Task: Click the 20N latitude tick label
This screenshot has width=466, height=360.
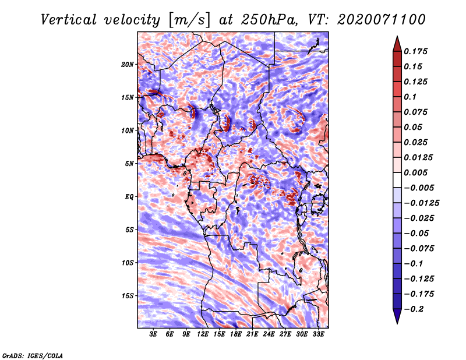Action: pyautogui.click(x=128, y=64)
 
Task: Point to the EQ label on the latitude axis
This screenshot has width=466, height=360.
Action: pyautogui.click(x=129, y=196)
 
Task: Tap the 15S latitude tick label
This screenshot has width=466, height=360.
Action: pyautogui.click(x=128, y=296)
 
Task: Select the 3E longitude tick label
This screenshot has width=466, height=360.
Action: pyautogui.click(x=153, y=334)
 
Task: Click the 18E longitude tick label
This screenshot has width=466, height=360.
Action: pyautogui.click(x=236, y=334)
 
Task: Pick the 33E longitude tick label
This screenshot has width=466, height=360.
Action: pyautogui.click(x=318, y=334)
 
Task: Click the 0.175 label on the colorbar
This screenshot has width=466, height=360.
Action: pyautogui.click(x=415, y=51)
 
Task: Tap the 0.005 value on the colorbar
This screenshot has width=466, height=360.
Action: pyautogui.click(x=415, y=172)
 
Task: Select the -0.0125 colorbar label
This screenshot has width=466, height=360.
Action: pyautogui.click(x=422, y=203)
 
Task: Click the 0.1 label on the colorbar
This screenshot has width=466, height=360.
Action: pyautogui.click(x=410, y=97)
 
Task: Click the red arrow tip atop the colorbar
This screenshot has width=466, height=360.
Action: pyautogui.click(x=397, y=37)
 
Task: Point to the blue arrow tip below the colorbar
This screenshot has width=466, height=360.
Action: pyautogui.click(x=397, y=323)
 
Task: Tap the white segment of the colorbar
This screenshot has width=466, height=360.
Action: pyautogui.click(x=397, y=180)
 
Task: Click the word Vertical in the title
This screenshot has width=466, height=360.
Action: pyautogui.click(x=69, y=20)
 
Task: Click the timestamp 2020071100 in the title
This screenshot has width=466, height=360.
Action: pyautogui.click(x=382, y=20)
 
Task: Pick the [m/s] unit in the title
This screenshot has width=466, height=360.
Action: pyautogui.click(x=189, y=20)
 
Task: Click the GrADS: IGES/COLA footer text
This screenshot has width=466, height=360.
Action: pyautogui.click(x=33, y=355)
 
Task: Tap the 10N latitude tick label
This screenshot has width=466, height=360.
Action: pyautogui.click(x=128, y=130)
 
